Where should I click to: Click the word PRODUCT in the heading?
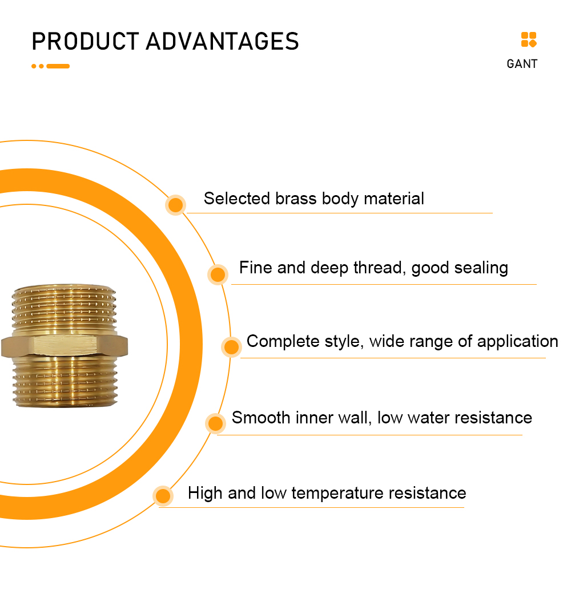click(x=85, y=41)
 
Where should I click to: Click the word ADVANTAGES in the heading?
click(x=223, y=41)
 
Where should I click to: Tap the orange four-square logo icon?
click(x=529, y=39)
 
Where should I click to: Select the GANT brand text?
click(x=522, y=64)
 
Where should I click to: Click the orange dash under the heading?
click(x=58, y=66)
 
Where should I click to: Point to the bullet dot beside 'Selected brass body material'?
click(x=175, y=205)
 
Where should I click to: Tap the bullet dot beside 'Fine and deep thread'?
click(x=218, y=274)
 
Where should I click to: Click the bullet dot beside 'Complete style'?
click(x=231, y=346)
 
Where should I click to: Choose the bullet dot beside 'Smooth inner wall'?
click(x=215, y=423)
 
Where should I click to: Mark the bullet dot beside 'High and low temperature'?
click(x=163, y=496)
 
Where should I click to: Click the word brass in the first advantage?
click(x=296, y=199)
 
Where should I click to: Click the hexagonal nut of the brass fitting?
click(x=65, y=345)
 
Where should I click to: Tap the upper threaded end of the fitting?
click(x=65, y=310)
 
